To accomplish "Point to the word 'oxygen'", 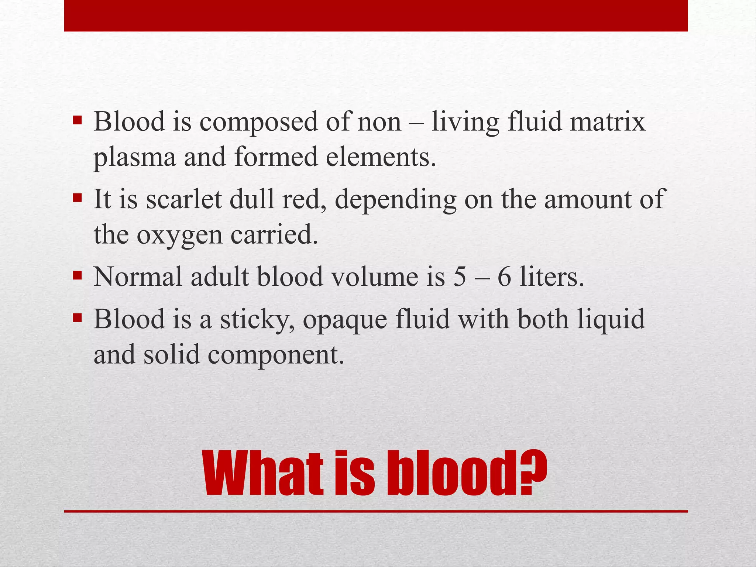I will (180, 236).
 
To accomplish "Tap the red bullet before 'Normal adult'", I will (77, 275).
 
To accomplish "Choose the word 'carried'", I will (274, 235).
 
